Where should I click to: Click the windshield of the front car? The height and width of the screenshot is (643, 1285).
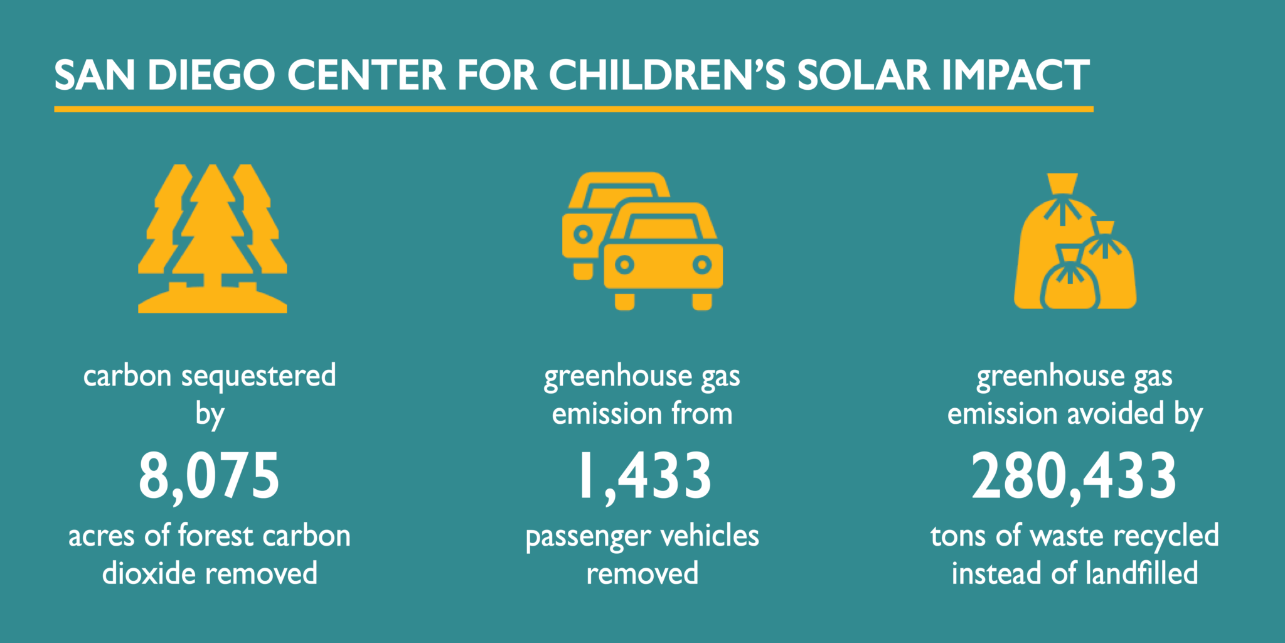pyautogui.click(x=664, y=226)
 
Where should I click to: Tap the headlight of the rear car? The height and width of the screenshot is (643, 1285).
pyautogui.click(x=583, y=235)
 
